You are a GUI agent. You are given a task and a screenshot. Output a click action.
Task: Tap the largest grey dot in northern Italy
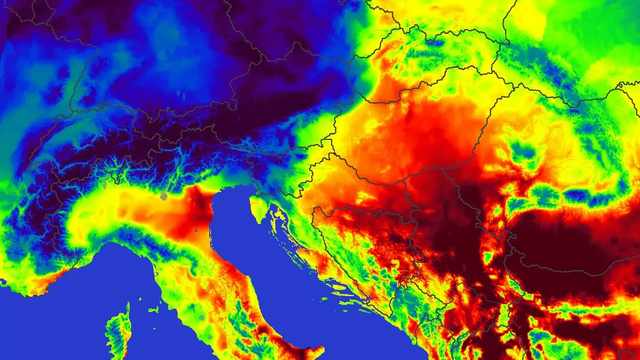[163, 197]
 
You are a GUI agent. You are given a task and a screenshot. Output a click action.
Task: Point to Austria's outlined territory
[280, 130]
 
